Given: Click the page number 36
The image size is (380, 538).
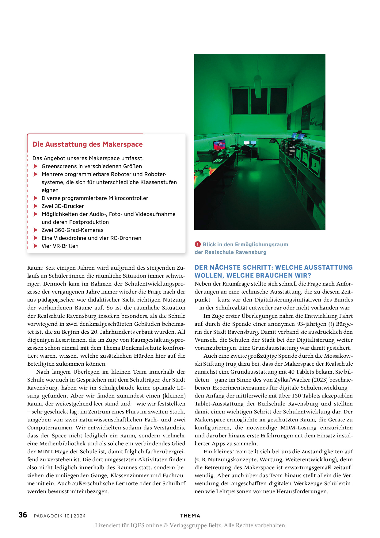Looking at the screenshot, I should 23,515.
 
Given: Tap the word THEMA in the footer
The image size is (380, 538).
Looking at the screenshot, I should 190,516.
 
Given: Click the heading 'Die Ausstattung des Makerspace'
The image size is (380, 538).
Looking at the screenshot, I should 88,144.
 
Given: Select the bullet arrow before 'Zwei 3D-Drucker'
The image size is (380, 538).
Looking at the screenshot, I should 36,206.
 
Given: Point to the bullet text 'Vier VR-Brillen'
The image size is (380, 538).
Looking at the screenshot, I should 60,246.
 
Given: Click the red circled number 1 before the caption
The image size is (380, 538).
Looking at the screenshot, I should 198,244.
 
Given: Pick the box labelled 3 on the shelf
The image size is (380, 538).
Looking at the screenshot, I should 315,165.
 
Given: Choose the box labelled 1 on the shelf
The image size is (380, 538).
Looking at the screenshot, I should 297,153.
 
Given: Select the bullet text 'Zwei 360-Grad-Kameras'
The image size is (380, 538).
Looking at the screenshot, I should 73,230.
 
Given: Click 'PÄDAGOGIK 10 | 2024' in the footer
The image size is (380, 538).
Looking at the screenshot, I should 60,516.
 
